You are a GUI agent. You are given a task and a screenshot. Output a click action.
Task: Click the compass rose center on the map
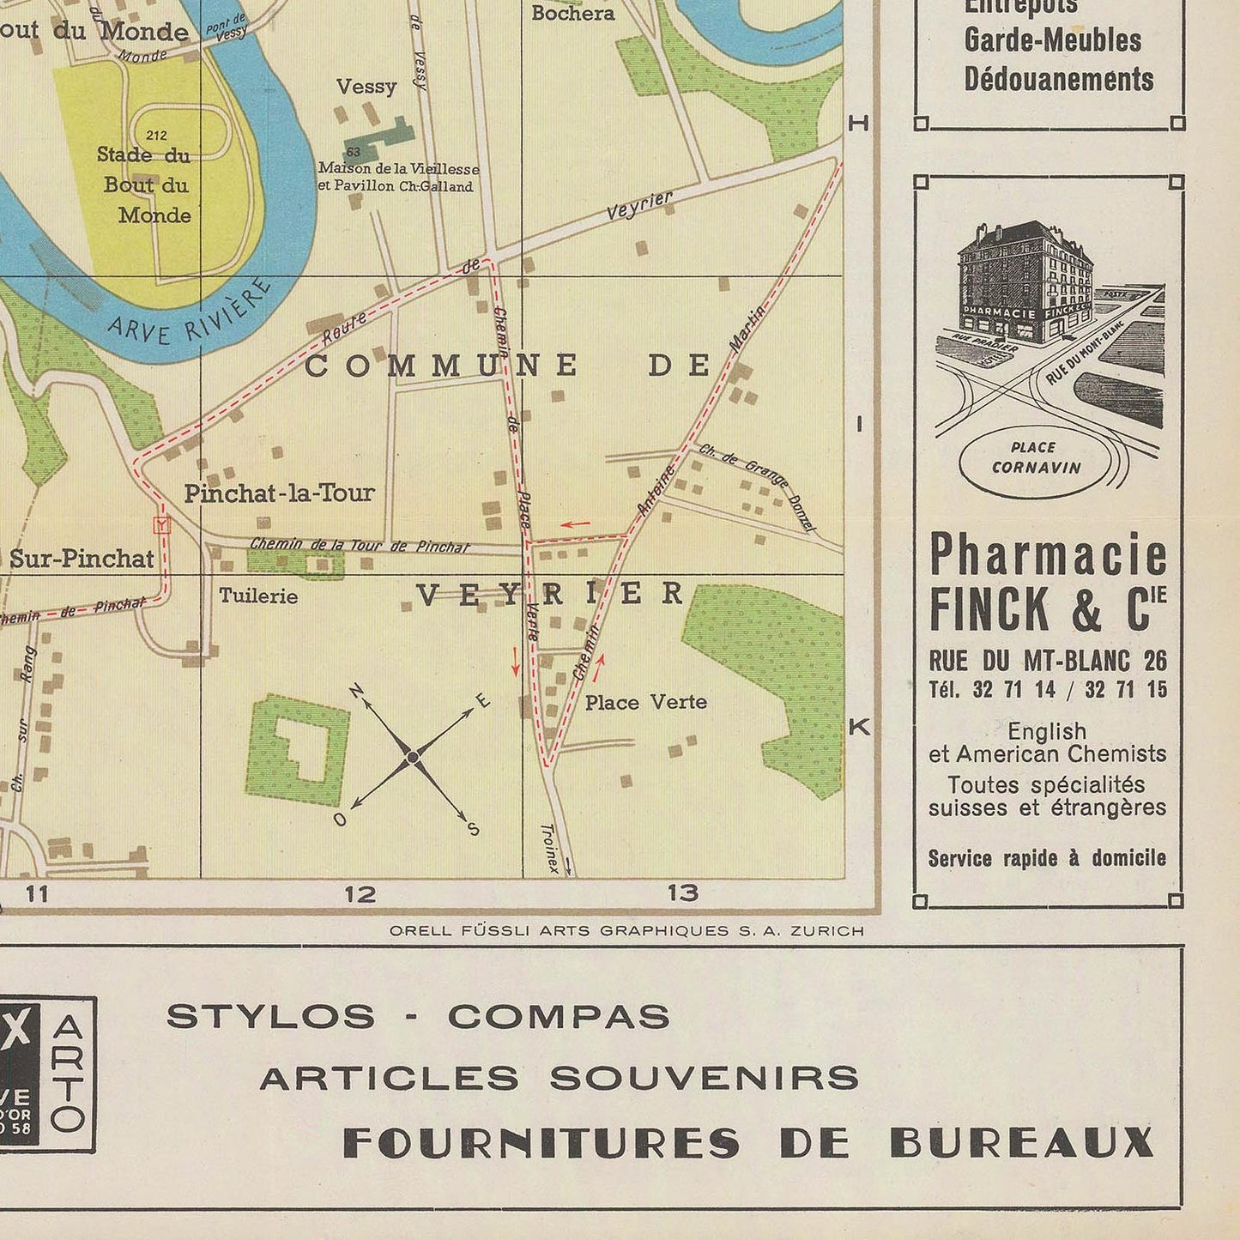click(x=413, y=757)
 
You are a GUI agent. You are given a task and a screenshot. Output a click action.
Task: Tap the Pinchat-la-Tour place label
click(x=279, y=493)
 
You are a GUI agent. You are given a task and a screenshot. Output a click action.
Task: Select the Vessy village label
click(x=366, y=87)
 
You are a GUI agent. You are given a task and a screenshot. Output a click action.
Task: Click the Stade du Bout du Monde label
click(x=144, y=184)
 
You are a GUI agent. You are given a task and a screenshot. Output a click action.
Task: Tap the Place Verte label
click(x=645, y=703)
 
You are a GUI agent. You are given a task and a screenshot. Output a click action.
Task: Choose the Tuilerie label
click(x=258, y=596)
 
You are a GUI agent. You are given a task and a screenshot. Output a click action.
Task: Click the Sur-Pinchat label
click(x=82, y=559)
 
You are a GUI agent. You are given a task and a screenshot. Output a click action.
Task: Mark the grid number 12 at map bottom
click(x=360, y=894)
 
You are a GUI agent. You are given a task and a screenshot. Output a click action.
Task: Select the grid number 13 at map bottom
click(x=683, y=893)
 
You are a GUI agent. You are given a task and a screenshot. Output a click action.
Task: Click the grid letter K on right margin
click(x=859, y=728)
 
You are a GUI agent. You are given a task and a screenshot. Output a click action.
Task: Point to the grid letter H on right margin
click(x=858, y=124)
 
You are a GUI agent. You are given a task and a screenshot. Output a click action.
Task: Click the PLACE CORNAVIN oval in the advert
click(x=1034, y=457)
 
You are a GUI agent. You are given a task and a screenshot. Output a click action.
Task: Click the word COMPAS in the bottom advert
click(x=559, y=1017)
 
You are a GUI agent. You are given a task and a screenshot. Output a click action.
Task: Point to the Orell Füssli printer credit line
click(x=626, y=930)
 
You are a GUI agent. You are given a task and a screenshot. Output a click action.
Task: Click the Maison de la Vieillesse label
click(x=398, y=178)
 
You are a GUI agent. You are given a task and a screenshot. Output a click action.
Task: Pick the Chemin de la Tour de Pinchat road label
click(x=360, y=545)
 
